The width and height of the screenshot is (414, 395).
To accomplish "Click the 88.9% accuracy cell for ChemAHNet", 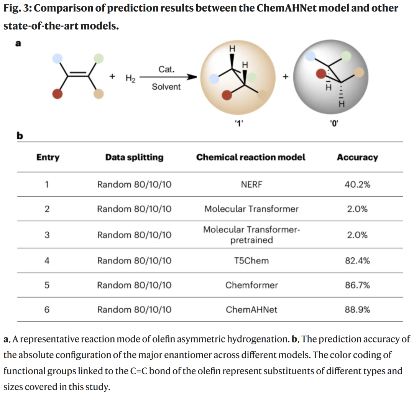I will (x=357, y=309).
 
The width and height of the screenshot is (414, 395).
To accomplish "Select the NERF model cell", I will (x=251, y=184).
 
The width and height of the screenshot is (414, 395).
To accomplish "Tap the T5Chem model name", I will (x=251, y=261).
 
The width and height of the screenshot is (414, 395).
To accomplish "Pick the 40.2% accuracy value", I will (x=357, y=184).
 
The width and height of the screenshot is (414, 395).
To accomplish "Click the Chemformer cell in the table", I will (x=251, y=285).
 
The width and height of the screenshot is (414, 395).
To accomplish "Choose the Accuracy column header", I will (x=357, y=157).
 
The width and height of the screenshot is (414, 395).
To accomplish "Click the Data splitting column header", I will (x=134, y=157).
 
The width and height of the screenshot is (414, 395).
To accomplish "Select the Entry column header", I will (x=48, y=157).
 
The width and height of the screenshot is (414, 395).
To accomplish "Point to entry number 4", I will (x=47, y=261).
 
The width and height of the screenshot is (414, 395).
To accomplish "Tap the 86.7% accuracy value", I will (x=357, y=285).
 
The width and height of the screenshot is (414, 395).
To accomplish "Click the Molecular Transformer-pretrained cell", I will (x=251, y=235).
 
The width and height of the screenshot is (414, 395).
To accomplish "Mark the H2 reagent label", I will (x=130, y=78).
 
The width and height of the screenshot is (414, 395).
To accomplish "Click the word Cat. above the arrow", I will (x=166, y=70).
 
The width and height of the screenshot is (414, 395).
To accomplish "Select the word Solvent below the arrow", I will (x=166, y=87).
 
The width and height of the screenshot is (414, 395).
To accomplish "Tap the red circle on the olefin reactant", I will (x=58, y=94).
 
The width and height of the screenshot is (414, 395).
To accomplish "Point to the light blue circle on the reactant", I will (x=58, y=58).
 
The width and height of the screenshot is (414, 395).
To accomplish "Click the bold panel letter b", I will (x=20, y=136).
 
